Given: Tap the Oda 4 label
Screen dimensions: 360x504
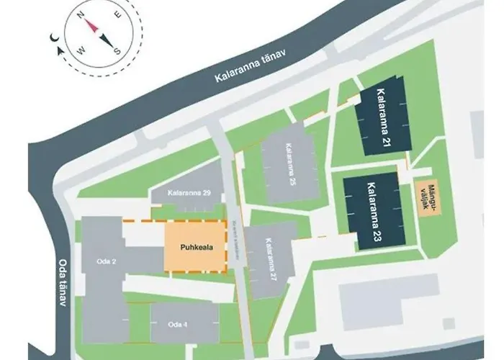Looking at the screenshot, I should pos(176,324).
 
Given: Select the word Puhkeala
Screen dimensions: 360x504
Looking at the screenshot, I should pos(185,246).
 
